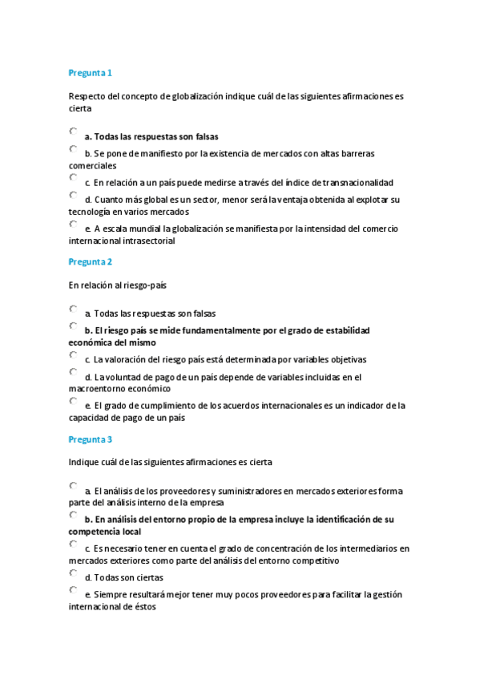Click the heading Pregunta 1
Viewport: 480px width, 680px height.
tap(90, 73)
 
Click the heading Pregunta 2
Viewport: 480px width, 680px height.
tap(90, 261)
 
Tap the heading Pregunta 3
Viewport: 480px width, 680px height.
tap(90, 439)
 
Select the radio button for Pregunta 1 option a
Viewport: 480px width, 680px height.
tap(74, 131)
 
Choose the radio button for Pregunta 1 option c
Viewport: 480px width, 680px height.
tap(74, 177)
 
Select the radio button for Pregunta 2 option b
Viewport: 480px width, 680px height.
tap(74, 326)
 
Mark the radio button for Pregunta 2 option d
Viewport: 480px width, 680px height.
tap(74, 372)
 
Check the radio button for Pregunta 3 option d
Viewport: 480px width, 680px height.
tap(74, 573)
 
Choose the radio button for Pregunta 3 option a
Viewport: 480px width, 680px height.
tap(74, 485)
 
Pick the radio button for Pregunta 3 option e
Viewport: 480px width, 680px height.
tap(74, 590)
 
